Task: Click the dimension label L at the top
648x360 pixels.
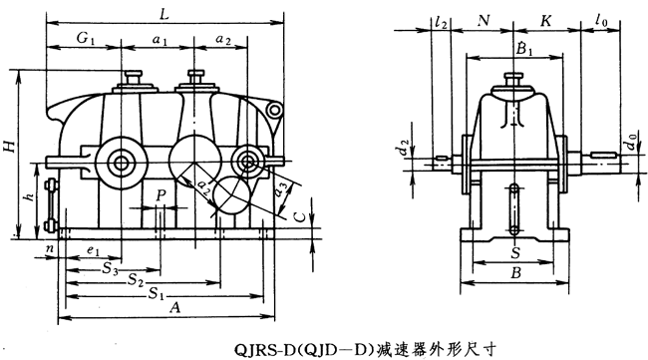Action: coord(164,15)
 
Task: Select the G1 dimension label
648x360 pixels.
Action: coord(86,38)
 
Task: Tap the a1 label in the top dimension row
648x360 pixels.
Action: coord(160,39)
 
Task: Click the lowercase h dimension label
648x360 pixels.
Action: coord(29,196)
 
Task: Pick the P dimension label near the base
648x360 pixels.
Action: coord(162,195)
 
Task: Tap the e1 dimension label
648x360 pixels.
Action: coord(93,251)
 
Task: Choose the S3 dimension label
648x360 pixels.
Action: coord(110,269)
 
